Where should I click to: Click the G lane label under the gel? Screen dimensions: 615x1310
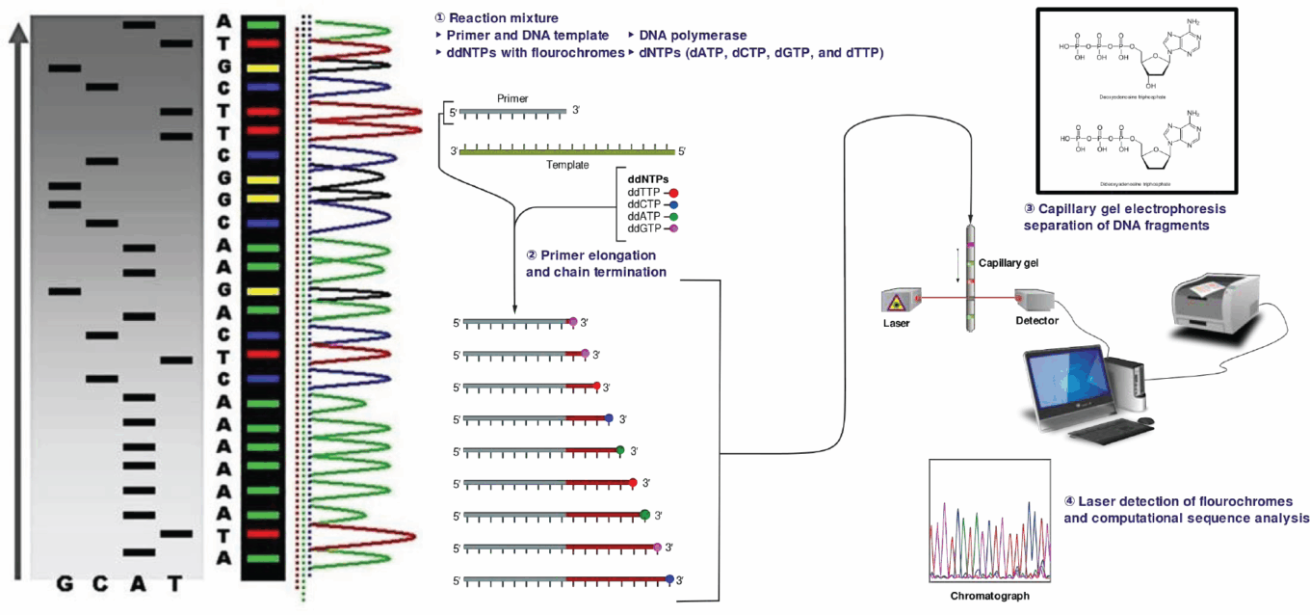[x=65, y=584]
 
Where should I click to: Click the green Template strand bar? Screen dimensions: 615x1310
[x=568, y=150]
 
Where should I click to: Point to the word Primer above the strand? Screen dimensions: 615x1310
[x=511, y=99]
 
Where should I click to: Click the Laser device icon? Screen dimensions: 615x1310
[x=896, y=301]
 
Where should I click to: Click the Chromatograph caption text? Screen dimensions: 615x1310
[x=989, y=596]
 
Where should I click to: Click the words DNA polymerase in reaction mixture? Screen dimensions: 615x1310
[x=693, y=35]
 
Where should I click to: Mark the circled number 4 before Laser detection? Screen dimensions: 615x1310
[x=1070, y=501]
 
